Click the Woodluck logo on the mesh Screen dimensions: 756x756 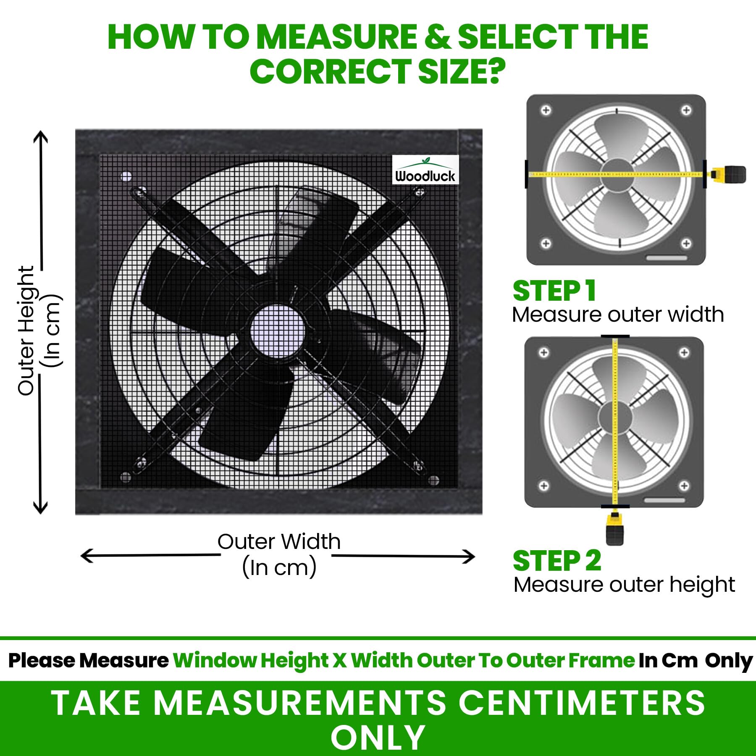[425, 170]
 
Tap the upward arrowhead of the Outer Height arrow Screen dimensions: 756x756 [41, 137]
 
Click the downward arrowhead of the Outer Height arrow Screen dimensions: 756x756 [40, 507]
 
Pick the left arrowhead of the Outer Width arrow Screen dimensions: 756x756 [87, 556]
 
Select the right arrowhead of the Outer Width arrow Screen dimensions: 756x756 [468, 557]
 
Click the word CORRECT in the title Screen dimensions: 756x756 [330, 71]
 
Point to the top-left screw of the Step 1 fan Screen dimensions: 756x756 [546, 110]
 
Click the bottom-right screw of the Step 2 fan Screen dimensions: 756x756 [684, 486]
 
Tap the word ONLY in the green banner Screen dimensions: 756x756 [378, 738]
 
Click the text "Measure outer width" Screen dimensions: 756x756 [618, 315]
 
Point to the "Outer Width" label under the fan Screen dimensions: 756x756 [279, 541]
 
